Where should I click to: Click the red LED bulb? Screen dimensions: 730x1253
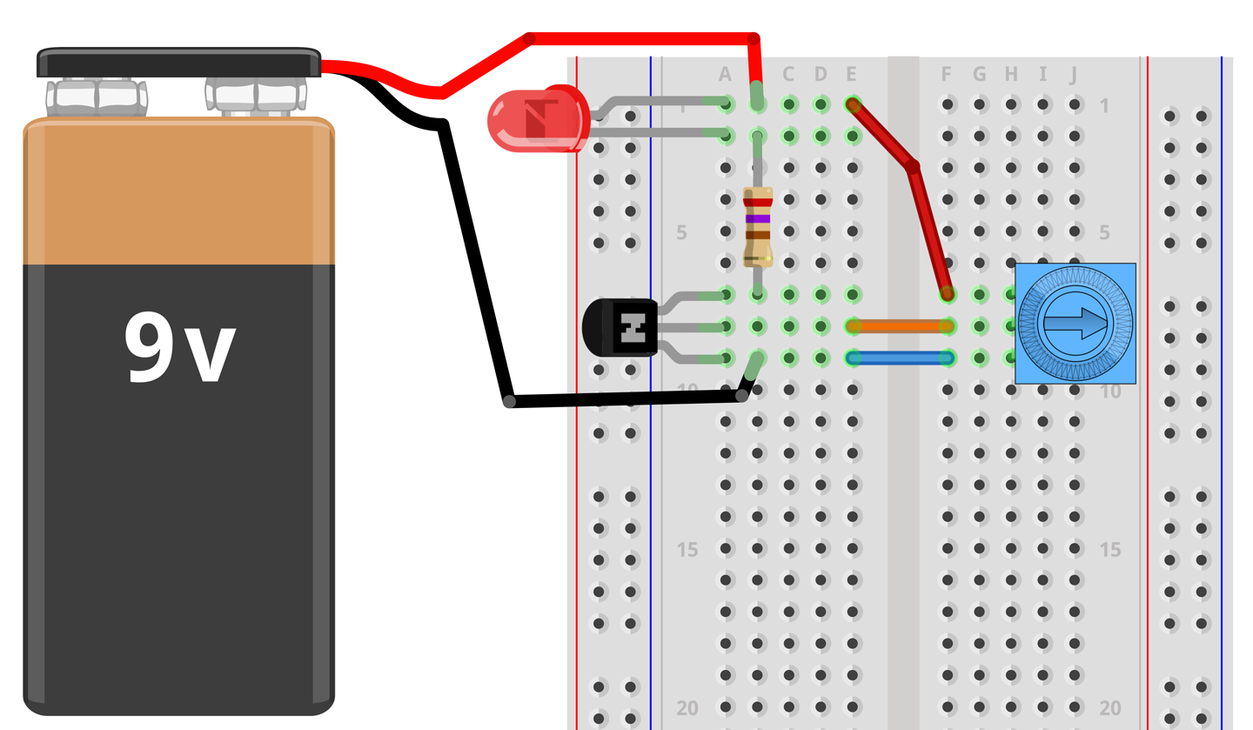535,118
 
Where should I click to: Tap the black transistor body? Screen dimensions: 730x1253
620,327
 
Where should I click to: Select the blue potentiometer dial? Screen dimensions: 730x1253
1075,324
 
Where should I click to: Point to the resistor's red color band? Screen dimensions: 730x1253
758,202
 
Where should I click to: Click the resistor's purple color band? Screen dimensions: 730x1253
758,218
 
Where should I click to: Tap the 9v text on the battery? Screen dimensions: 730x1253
179,346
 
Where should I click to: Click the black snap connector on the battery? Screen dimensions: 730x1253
178,64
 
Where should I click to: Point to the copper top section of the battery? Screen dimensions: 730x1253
178,191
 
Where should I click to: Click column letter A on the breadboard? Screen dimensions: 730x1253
726,75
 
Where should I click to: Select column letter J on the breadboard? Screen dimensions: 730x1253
1074,75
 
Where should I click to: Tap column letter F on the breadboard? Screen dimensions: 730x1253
947,75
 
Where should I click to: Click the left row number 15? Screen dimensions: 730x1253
687,550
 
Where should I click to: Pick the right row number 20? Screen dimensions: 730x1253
1109,708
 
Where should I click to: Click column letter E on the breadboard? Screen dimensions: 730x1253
851,75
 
